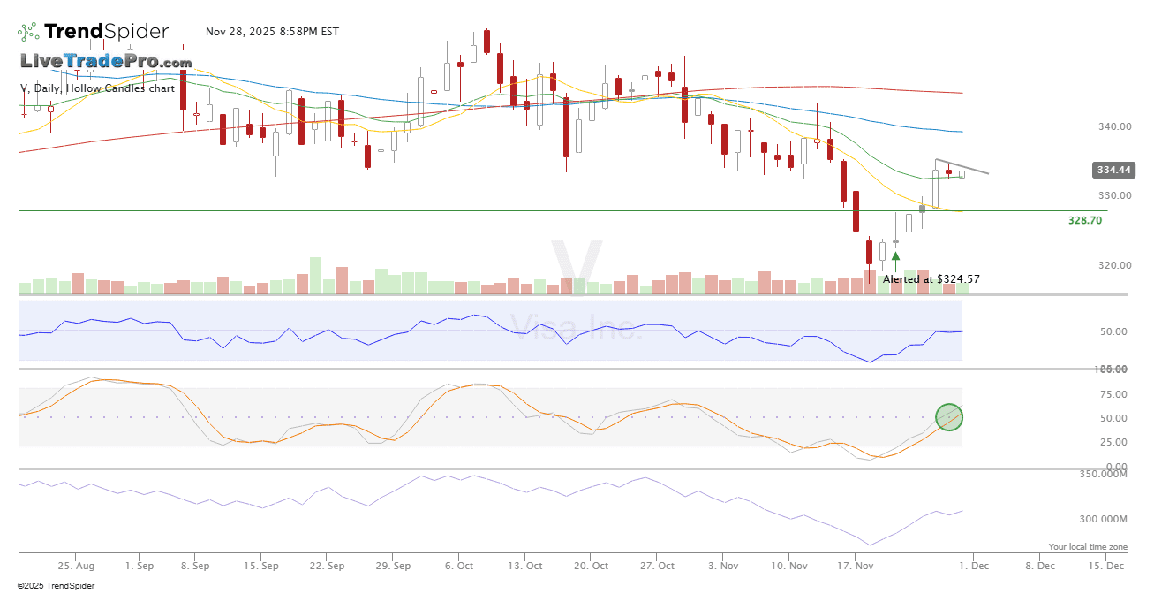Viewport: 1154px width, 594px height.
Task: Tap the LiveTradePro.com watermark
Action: pyautogui.click(x=106, y=62)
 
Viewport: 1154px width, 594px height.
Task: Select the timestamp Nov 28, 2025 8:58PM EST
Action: pyautogui.click(x=272, y=32)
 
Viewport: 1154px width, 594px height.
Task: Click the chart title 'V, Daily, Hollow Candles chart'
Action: pyautogui.click(x=97, y=88)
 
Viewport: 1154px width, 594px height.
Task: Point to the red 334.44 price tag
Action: pyautogui.click(x=1113, y=170)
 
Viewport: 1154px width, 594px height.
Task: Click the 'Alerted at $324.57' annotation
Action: pyautogui.click(x=931, y=279)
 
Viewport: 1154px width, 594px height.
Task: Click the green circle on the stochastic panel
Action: pyautogui.click(x=949, y=416)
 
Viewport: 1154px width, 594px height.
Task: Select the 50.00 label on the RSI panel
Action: pyautogui.click(x=1117, y=331)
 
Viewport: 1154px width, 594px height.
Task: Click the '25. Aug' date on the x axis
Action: pyautogui.click(x=77, y=565)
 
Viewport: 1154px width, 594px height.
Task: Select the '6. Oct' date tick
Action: pyautogui.click(x=459, y=565)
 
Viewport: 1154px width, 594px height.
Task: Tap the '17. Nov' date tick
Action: pyautogui.click(x=855, y=565)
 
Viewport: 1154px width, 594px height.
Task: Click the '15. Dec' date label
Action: pyautogui.click(x=1105, y=565)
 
